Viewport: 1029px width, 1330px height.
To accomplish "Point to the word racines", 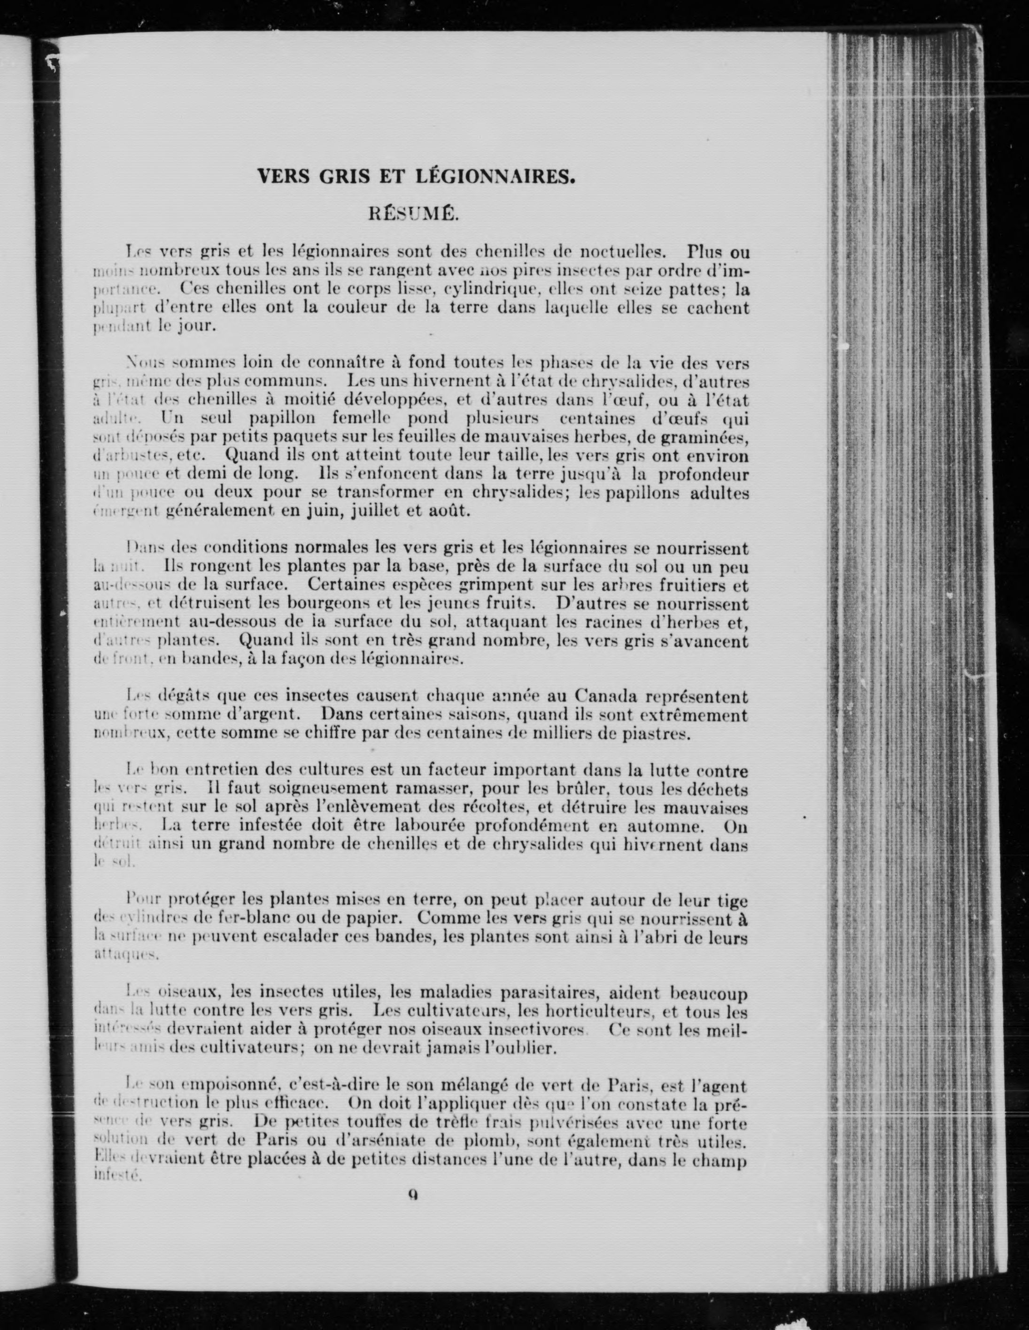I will (587, 622).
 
